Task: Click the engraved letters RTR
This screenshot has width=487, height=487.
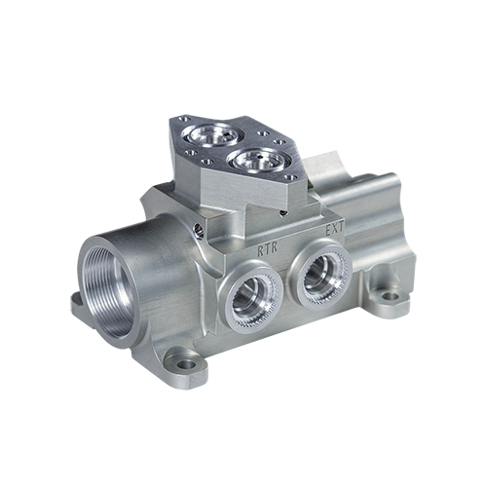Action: [x=268, y=249]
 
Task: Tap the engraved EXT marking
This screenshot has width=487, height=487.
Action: [x=334, y=230]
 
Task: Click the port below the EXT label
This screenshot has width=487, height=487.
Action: [x=320, y=276]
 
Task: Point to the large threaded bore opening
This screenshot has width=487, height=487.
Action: [x=109, y=291]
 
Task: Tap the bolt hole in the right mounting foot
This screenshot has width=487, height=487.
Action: [x=390, y=296]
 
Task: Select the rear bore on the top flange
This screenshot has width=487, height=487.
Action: [x=212, y=135]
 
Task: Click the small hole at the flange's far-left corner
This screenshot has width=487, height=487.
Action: [x=185, y=119]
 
